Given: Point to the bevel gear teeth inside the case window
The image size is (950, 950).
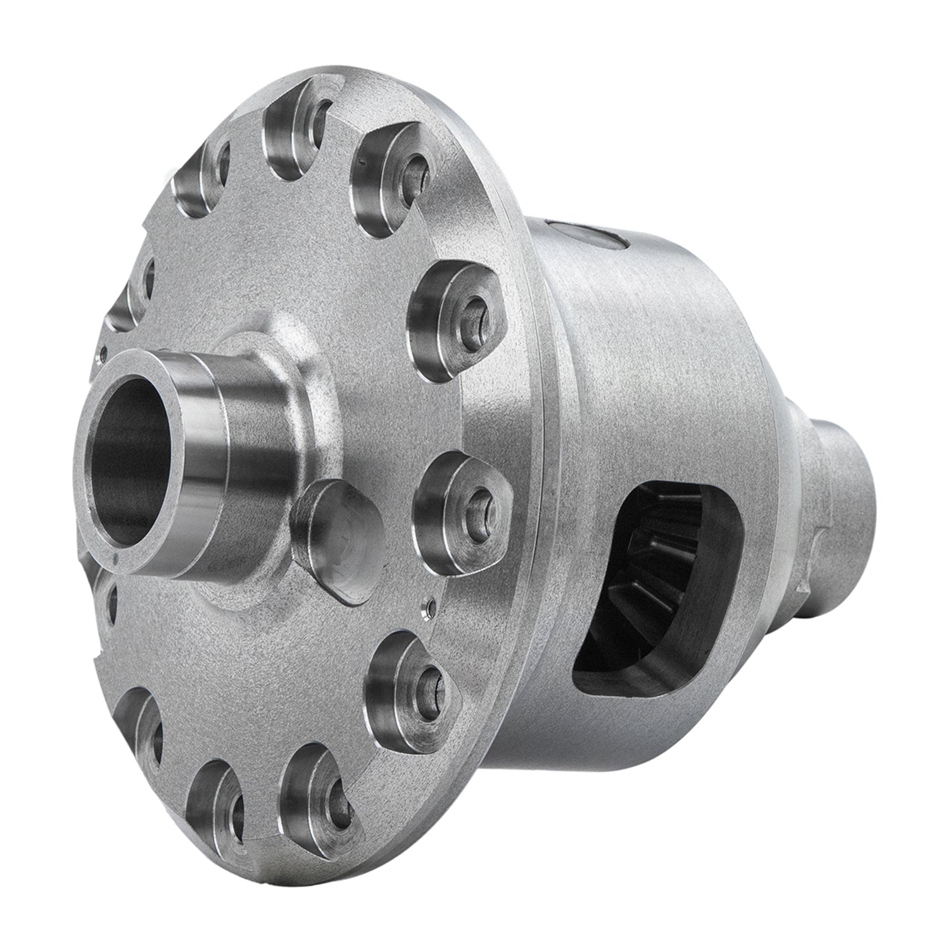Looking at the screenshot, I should tap(659, 570).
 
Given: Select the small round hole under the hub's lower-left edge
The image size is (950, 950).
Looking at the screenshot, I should tap(113, 595).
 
